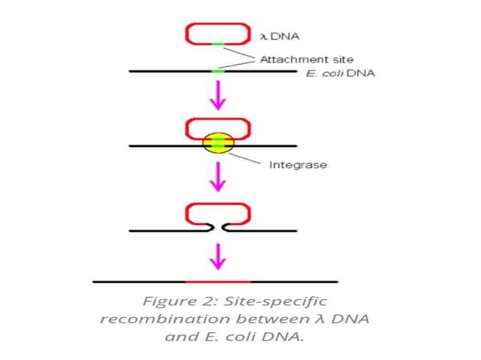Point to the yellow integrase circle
(x=218, y=144)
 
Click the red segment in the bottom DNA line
(x=218, y=282)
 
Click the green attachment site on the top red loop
(x=218, y=44)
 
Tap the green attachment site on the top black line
(x=218, y=72)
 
